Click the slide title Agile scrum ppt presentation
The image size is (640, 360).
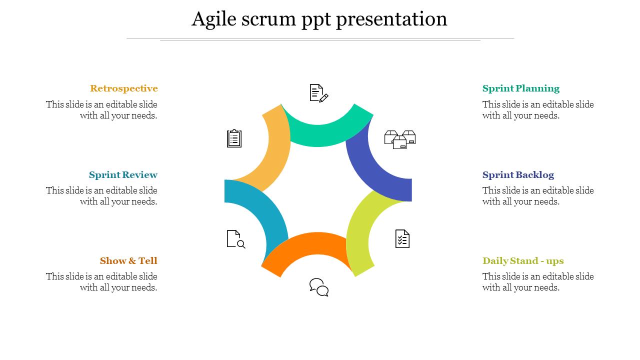(x=319, y=19)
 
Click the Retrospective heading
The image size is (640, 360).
(x=124, y=88)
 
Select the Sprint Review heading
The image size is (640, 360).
(x=123, y=175)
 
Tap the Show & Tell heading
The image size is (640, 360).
(x=128, y=261)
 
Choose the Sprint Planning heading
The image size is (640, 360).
(x=521, y=88)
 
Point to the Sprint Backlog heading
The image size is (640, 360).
(x=518, y=175)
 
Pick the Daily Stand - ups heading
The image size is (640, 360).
(x=523, y=261)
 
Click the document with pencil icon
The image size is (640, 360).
(x=318, y=93)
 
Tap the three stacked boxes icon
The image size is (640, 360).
(x=400, y=139)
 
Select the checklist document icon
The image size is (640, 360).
(x=402, y=239)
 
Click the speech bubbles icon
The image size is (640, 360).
(x=319, y=287)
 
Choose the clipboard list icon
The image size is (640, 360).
(x=234, y=138)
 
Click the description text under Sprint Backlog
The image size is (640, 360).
(x=538, y=196)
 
